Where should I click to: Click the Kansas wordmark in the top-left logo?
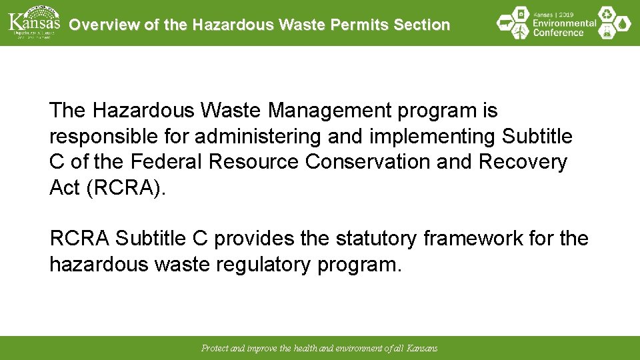[x=34, y=21]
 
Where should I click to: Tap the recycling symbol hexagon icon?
[x=606, y=14]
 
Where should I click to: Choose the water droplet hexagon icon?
[x=623, y=24]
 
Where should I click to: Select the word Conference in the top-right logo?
[x=559, y=33]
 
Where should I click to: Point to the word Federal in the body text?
[x=167, y=162]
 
